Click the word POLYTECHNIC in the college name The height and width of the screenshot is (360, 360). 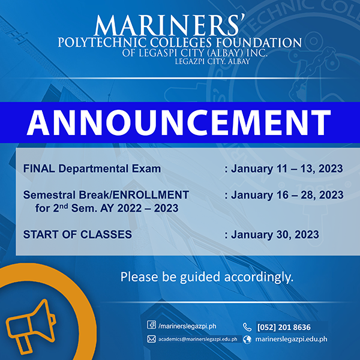pos(104,43)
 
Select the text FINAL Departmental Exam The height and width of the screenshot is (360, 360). pos(92,169)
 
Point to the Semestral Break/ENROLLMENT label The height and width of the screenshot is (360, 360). pos(106,196)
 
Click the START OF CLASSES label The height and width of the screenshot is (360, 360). pos(77,235)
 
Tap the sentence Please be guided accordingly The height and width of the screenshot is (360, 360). pos(207,278)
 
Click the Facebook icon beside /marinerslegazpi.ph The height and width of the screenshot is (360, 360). pos(151,325)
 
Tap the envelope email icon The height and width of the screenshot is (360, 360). pos(151,339)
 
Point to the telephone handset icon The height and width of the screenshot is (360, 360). pos(247,326)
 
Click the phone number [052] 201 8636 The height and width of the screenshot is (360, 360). pos(284,327)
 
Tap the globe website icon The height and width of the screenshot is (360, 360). pos(247,339)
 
